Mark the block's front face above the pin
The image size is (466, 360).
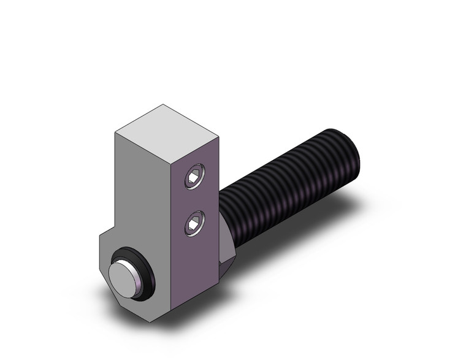click(x=143, y=196)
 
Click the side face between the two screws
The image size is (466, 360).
click(x=195, y=201)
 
